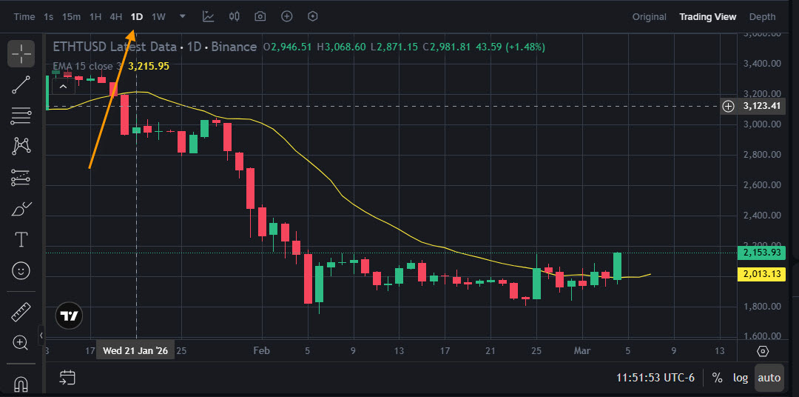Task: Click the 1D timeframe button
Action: click(137, 16)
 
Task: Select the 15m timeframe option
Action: click(72, 16)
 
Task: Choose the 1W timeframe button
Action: click(158, 16)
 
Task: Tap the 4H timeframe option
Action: click(116, 16)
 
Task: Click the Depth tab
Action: click(763, 16)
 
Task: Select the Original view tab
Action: click(649, 16)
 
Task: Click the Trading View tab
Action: click(708, 16)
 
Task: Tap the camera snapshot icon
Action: click(260, 16)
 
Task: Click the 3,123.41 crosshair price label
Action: click(761, 106)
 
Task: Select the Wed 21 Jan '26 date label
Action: click(135, 350)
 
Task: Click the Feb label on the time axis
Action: click(260, 350)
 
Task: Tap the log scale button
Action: click(740, 378)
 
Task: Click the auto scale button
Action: click(769, 378)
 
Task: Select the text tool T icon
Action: click(21, 239)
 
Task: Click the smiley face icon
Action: click(21, 270)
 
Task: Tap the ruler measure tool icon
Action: click(21, 313)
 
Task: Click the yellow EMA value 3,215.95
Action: click(149, 66)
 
